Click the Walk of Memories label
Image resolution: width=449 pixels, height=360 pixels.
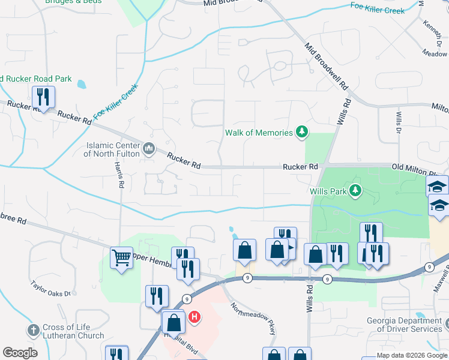click(x=259, y=133)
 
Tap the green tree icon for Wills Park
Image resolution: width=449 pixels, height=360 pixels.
click(x=357, y=191)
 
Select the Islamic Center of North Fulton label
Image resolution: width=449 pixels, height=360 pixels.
click(x=113, y=149)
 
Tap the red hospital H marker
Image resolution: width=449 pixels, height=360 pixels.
click(x=194, y=316)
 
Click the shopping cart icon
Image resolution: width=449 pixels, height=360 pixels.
click(x=122, y=258)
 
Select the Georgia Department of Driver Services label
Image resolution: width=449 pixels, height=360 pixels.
click(x=405, y=325)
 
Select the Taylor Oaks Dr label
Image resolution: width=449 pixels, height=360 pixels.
click(x=51, y=290)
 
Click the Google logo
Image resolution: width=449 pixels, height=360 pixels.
click(x=20, y=353)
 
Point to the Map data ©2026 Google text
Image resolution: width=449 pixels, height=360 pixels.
click(x=412, y=355)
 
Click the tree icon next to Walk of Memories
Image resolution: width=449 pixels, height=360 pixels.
click(x=303, y=132)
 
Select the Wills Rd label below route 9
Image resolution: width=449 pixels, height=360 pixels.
click(x=310, y=298)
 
